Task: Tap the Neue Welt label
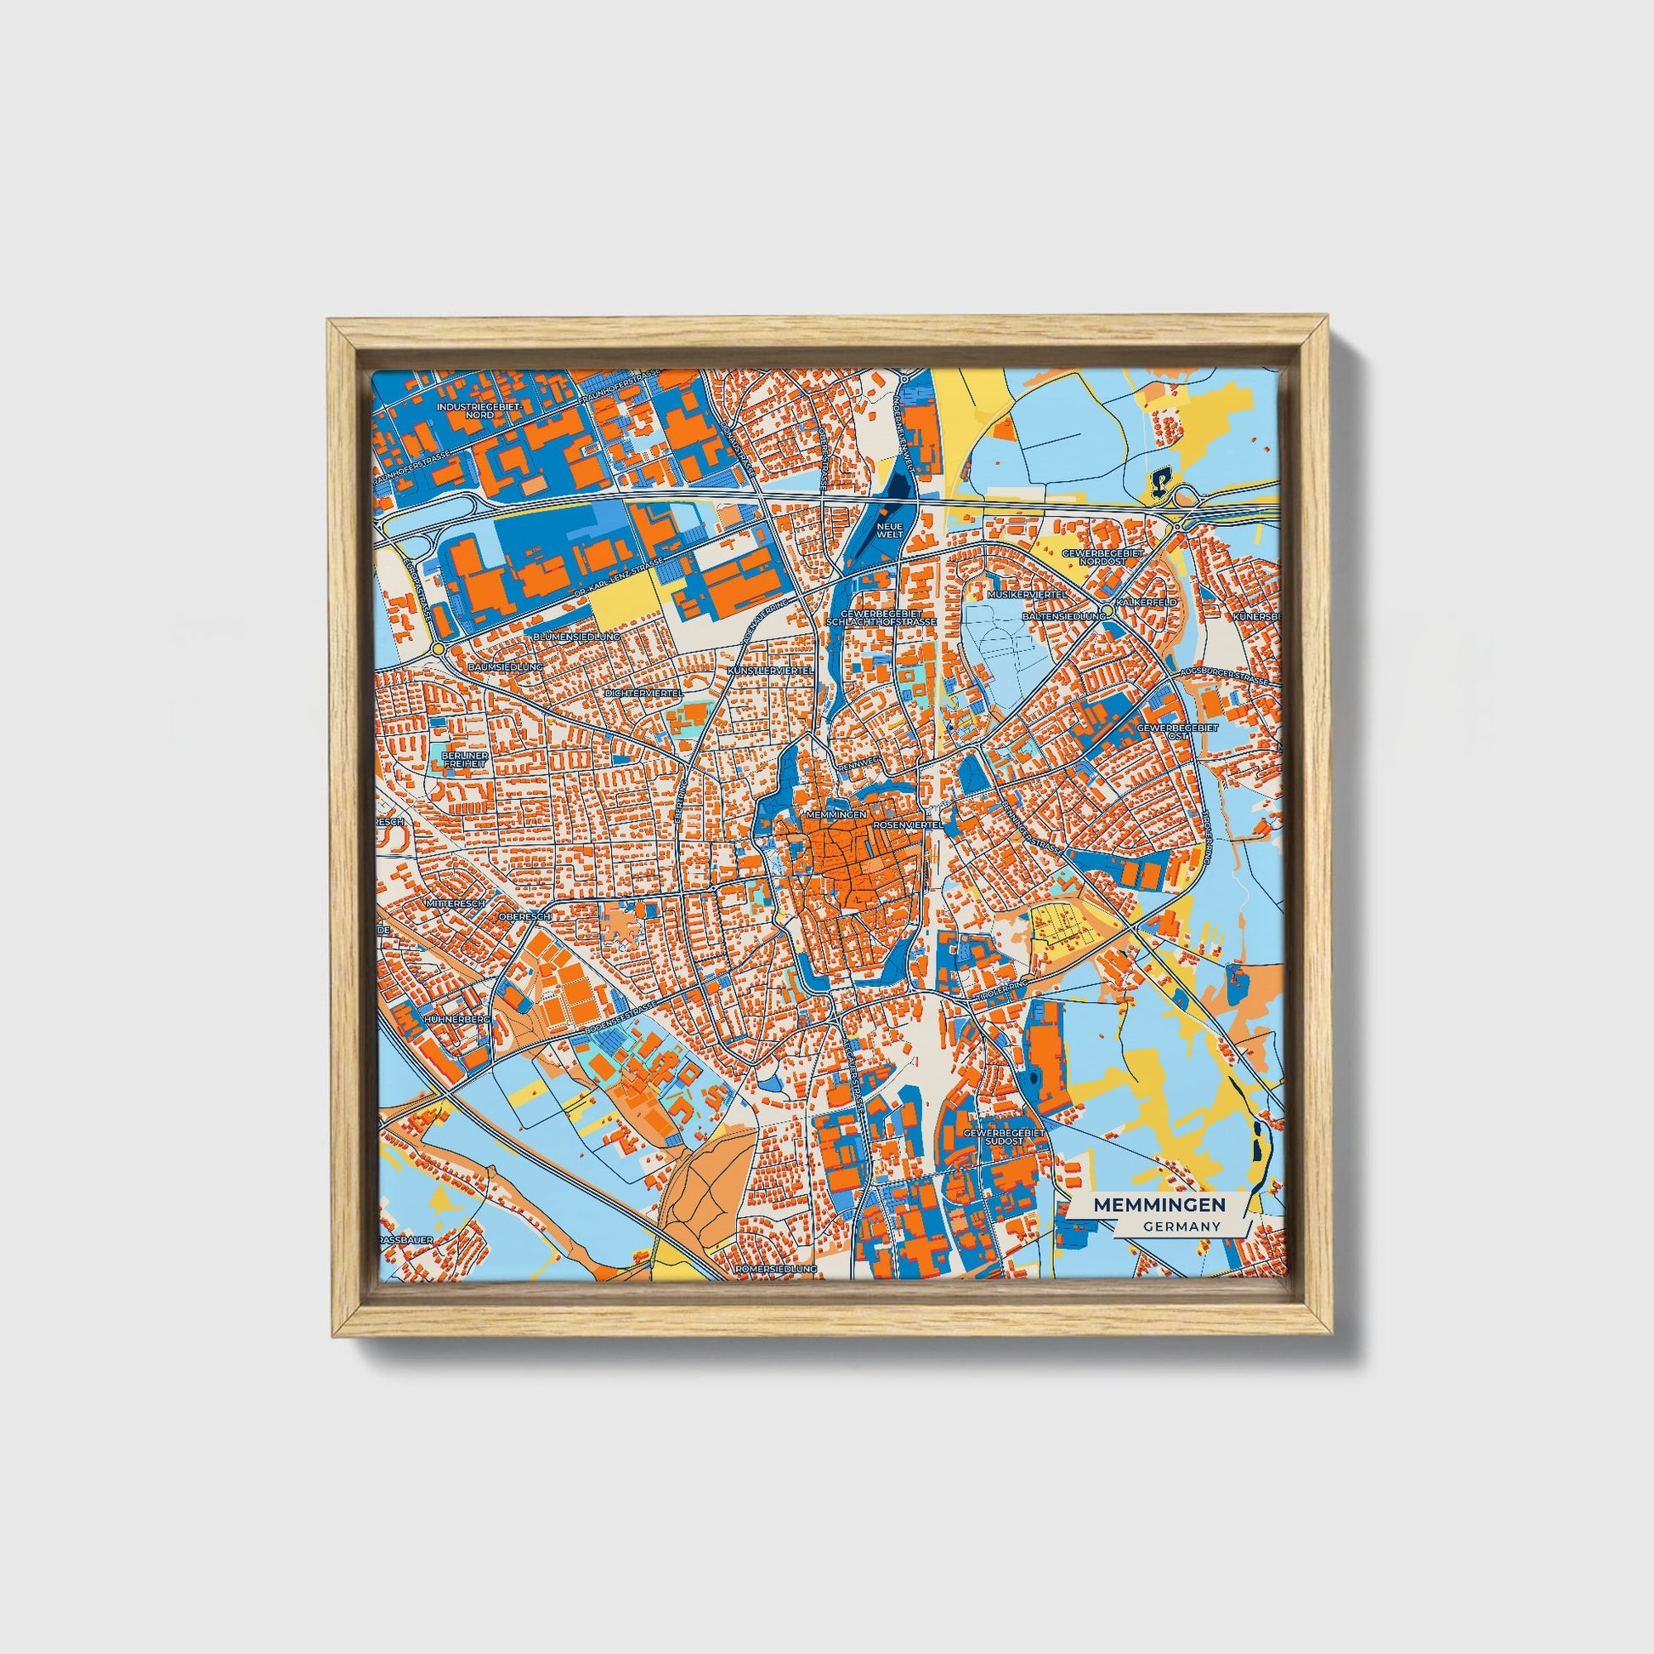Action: coord(891,530)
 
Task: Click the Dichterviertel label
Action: coord(643,692)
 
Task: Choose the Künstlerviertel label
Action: coord(770,671)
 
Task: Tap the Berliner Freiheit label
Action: coord(466,761)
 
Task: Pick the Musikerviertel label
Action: coord(1026,593)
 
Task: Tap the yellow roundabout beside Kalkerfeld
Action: coord(1107,609)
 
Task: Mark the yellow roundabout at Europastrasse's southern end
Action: coord(439,649)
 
